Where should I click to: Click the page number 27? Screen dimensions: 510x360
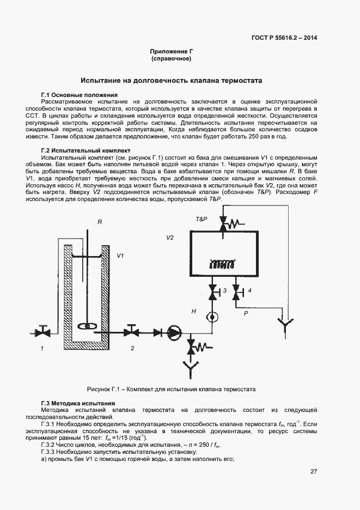point(314,471)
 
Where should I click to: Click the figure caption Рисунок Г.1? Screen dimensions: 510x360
point(171,389)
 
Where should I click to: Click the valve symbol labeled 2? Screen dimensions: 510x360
point(131,331)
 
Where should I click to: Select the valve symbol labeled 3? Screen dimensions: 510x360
point(212,292)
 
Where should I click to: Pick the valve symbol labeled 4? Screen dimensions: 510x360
point(236,292)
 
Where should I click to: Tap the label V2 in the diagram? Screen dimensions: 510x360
point(170,238)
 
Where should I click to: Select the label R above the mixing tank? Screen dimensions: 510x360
point(100,222)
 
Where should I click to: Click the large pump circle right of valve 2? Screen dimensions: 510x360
point(174,331)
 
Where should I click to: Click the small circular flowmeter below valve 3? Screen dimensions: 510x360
point(212,317)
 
